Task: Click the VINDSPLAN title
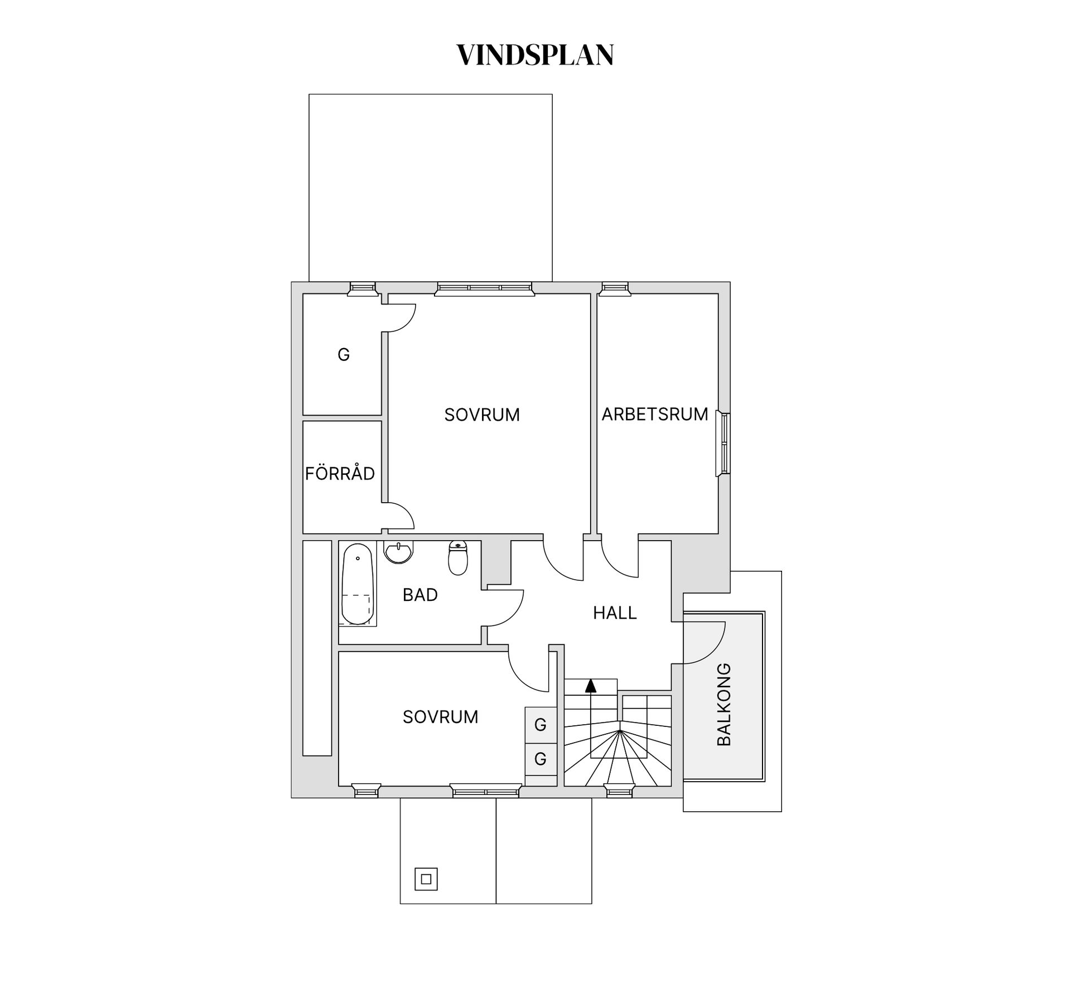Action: click(x=535, y=55)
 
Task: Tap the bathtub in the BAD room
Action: click(x=357, y=584)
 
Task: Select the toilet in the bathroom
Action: click(x=458, y=558)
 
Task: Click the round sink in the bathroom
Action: click(x=398, y=552)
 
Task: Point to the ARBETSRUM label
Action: click(x=654, y=414)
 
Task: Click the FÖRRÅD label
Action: click(x=340, y=474)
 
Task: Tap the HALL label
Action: click(x=615, y=613)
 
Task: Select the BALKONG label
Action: click(x=723, y=704)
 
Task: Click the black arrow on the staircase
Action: click(x=591, y=685)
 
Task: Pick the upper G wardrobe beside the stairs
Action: click(x=541, y=725)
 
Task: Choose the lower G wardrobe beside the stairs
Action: click(x=541, y=759)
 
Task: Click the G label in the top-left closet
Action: click(x=344, y=354)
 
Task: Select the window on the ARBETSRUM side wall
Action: click(x=723, y=444)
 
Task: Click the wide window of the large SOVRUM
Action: click(x=484, y=288)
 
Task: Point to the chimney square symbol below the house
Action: click(x=426, y=879)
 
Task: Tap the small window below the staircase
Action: click(x=619, y=790)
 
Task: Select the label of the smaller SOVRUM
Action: click(x=440, y=717)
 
